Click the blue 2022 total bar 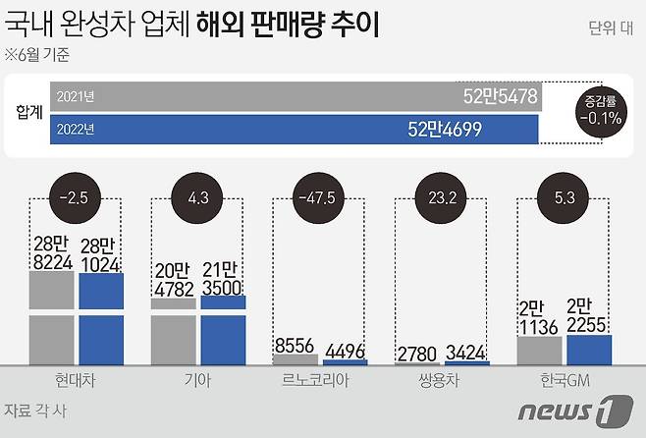295,128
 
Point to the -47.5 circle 319,195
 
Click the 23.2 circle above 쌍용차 441,195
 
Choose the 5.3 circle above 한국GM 563,195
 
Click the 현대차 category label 77,380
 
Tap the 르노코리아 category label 319,380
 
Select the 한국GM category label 563,380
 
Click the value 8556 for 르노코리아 294,347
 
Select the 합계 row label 29,111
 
